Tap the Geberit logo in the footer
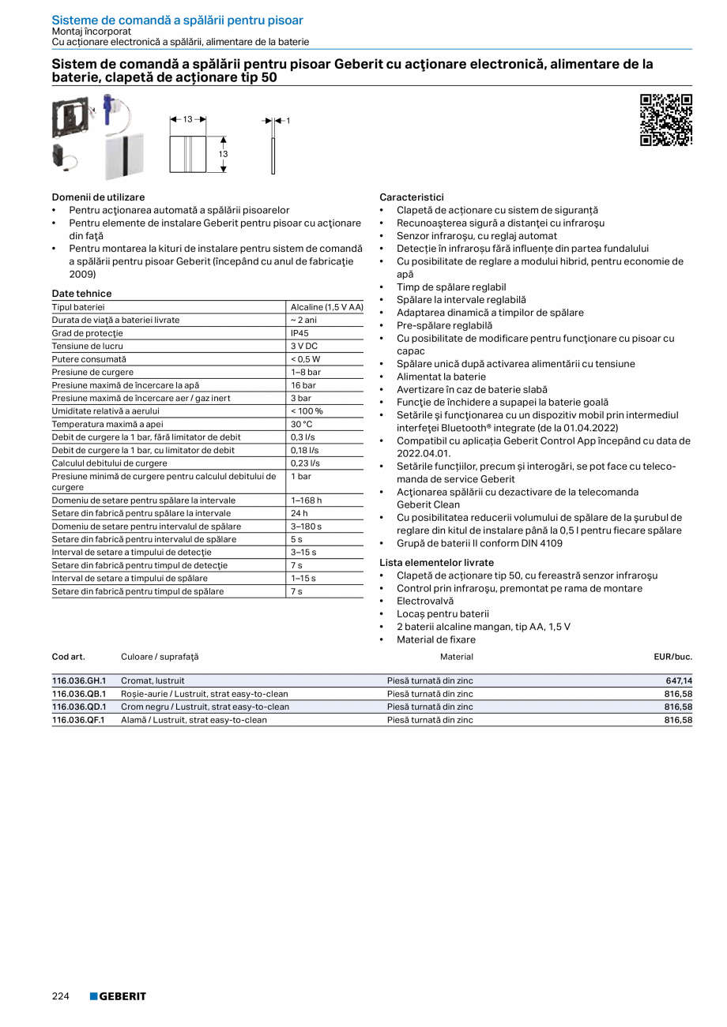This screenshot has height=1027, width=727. click(x=118, y=996)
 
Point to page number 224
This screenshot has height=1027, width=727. click(x=61, y=996)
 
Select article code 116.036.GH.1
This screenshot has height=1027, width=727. click(x=79, y=680)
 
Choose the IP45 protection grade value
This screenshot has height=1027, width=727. click(x=299, y=333)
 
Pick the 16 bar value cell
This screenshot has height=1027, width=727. click(x=303, y=385)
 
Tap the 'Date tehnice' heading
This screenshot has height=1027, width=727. click(x=81, y=294)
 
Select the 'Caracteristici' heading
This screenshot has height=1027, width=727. click(x=412, y=197)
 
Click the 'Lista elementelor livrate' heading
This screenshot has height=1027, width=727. click(x=436, y=563)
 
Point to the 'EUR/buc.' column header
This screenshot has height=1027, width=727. click(x=672, y=657)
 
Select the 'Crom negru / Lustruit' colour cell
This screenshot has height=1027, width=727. click(x=205, y=707)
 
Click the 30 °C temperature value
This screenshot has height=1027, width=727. click(x=302, y=424)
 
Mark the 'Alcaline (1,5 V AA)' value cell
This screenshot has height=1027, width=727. click(x=326, y=307)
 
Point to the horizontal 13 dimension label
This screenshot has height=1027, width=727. click(x=188, y=119)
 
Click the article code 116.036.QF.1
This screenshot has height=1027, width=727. click(x=78, y=720)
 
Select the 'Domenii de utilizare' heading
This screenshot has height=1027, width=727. click(x=98, y=197)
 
